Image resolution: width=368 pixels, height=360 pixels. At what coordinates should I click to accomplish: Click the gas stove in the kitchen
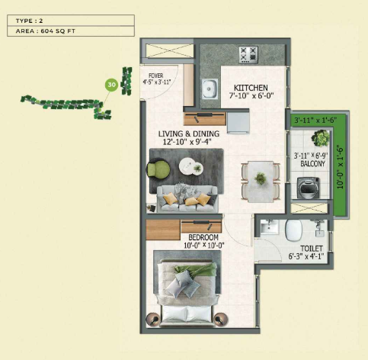click(248, 55)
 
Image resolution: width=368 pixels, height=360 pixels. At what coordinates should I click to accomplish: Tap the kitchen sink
click(210, 88)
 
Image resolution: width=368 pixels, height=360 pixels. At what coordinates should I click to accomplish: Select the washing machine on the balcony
click(309, 188)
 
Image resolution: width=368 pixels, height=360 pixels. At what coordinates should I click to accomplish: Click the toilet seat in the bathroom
click(293, 230)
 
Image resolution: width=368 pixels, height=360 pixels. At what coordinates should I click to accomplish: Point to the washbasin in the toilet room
click(270, 227)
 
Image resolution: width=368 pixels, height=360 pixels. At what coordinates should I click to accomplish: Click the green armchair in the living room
click(158, 169)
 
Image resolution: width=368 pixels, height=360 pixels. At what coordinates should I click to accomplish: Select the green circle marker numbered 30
click(111, 85)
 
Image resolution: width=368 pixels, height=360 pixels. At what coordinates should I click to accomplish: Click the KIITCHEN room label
click(251, 88)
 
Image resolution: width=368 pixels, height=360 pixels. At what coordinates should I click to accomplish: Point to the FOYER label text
click(156, 76)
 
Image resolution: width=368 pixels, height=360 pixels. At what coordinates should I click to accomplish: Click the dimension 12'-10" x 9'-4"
click(187, 142)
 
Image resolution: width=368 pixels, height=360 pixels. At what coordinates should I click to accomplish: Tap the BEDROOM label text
click(203, 237)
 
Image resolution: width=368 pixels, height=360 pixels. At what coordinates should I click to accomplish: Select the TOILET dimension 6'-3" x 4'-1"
click(306, 256)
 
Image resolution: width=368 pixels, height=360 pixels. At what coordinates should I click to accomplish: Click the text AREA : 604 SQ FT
click(46, 31)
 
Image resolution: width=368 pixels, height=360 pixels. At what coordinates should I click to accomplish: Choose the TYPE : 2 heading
click(29, 21)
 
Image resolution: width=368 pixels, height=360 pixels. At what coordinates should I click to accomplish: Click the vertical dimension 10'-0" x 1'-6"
click(341, 167)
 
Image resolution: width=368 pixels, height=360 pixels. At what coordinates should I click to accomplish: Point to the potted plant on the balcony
click(321, 138)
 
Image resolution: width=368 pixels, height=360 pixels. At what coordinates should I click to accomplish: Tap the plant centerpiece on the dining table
click(261, 178)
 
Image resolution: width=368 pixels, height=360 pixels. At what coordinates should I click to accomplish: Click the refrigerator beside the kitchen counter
click(238, 123)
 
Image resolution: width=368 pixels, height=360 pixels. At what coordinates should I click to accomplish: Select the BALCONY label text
click(312, 164)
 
